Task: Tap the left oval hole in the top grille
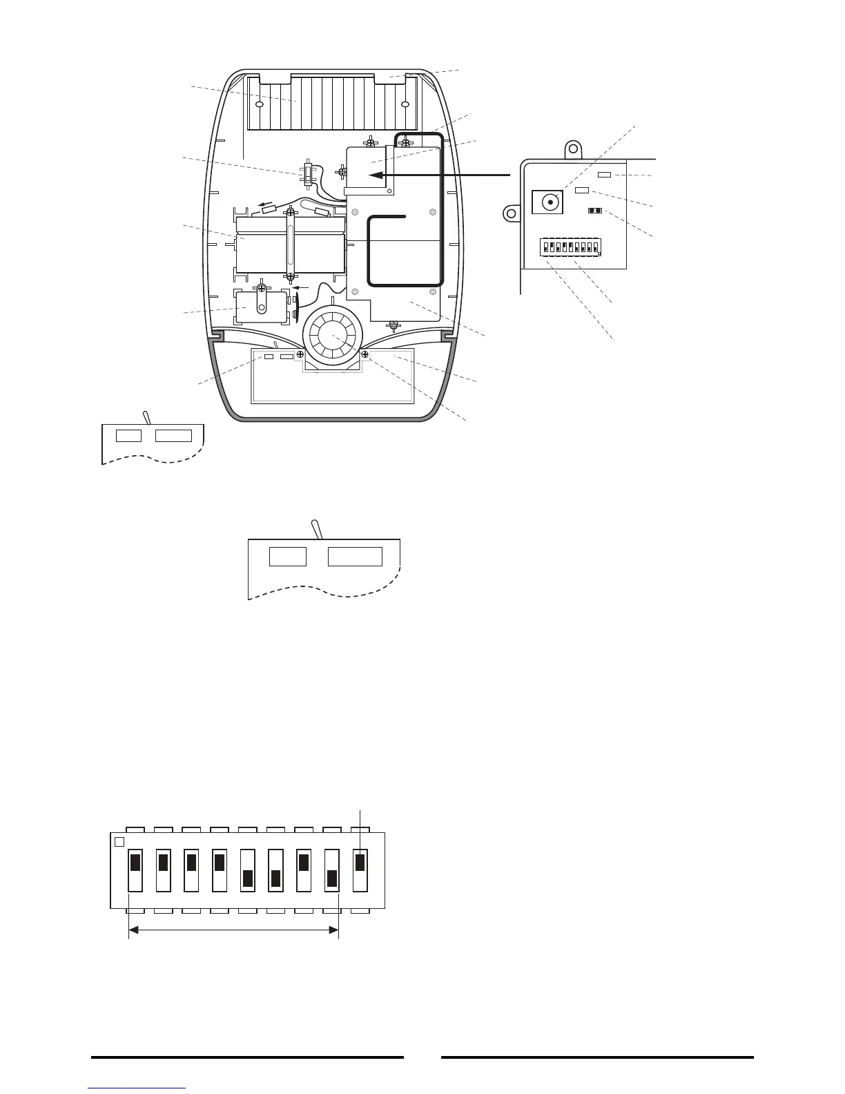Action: (x=260, y=105)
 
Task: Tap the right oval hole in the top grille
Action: (x=405, y=105)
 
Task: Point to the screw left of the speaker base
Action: (x=300, y=354)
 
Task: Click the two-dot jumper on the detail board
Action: (x=592, y=211)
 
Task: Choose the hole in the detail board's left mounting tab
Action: (x=512, y=213)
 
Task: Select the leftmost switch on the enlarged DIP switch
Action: (x=135, y=870)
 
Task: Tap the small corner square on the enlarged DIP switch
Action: (x=119, y=842)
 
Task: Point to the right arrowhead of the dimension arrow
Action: (x=334, y=932)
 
